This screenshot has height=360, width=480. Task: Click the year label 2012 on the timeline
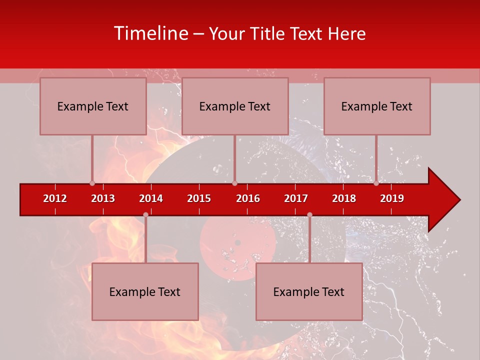(55, 198)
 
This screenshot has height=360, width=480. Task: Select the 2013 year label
(103, 198)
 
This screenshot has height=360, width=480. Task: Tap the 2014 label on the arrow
(151, 198)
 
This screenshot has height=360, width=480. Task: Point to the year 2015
(199, 198)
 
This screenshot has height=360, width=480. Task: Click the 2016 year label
(248, 198)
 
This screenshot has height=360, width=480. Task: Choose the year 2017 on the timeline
(296, 198)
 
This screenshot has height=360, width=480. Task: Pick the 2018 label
(344, 198)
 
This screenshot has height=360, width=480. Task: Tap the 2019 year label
(392, 198)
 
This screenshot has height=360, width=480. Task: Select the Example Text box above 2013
(93, 106)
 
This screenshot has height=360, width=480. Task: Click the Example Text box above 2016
(235, 106)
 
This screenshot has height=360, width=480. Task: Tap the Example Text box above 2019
(377, 106)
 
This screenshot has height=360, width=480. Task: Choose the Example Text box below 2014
(145, 291)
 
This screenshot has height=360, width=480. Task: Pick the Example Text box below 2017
(309, 291)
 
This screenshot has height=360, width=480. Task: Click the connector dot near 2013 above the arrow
(92, 183)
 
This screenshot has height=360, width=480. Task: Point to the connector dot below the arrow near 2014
(145, 214)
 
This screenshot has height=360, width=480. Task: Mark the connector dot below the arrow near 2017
(309, 214)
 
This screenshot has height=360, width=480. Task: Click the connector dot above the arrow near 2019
(376, 183)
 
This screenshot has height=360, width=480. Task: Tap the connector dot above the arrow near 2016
(234, 183)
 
